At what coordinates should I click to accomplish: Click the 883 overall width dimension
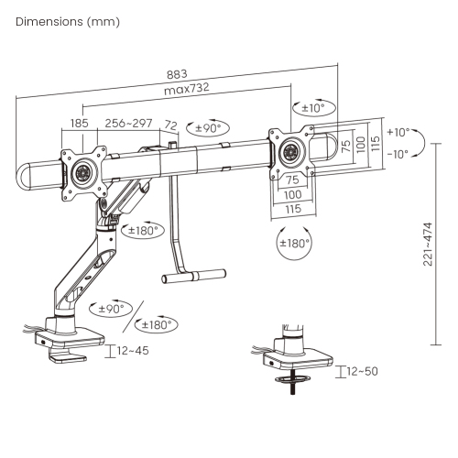click(x=177, y=74)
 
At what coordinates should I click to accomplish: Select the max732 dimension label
click(x=187, y=89)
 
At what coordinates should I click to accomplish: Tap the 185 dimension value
click(x=80, y=124)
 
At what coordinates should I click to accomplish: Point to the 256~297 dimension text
click(x=128, y=123)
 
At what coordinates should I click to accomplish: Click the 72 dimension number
click(x=171, y=125)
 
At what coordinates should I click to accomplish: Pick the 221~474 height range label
click(x=428, y=245)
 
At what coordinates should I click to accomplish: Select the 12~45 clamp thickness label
click(x=133, y=351)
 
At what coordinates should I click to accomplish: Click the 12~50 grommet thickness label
click(x=363, y=371)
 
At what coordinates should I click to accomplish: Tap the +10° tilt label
click(x=398, y=132)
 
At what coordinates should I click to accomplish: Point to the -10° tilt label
click(x=398, y=154)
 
